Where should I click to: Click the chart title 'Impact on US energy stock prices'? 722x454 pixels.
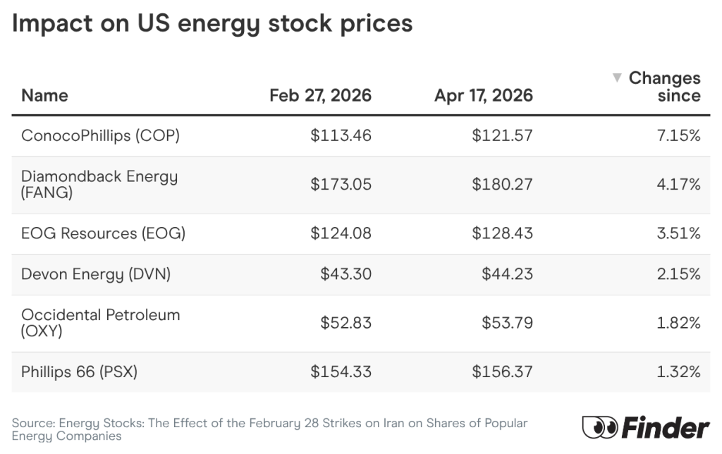click(x=212, y=23)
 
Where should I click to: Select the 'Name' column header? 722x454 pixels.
click(x=44, y=95)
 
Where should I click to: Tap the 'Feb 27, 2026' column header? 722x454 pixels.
click(x=320, y=95)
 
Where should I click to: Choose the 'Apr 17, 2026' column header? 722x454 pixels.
click(x=484, y=95)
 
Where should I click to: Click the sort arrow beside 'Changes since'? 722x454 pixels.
click(x=616, y=78)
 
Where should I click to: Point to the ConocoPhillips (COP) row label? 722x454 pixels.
click(x=100, y=135)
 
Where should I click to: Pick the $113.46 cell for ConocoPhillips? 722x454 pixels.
click(x=341, y=135)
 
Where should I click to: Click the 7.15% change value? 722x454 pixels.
click(x=678, y=135)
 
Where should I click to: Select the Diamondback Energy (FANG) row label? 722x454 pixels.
click(x=99, y=184)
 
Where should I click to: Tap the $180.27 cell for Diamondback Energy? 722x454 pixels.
click(x=502, y=185)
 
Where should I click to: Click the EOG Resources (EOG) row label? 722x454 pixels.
click(x=103, y=233)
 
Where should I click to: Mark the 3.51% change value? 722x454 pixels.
click(x=678, y=233)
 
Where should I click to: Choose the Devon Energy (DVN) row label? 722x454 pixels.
click(x=96, y=274)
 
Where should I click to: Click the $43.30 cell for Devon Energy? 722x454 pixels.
click(x=345, y=274)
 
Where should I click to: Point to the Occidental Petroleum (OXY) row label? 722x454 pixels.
click(x=100, y=322)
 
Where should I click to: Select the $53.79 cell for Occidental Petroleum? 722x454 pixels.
click(x=507, y=323)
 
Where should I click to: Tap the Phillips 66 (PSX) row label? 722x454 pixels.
click(x=79, y=372)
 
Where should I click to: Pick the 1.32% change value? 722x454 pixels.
click(x=678, y=372)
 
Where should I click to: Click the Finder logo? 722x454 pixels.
click(x=645, y=427)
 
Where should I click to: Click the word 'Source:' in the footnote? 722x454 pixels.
click(x=33, y=423)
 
